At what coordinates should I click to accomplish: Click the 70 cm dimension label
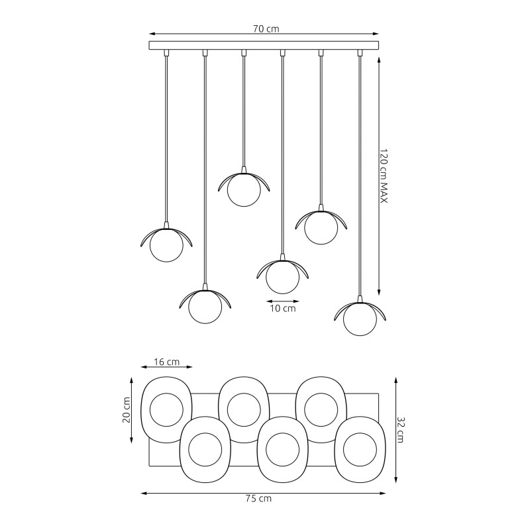pos(266,28)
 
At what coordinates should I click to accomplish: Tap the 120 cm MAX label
pos(384,176)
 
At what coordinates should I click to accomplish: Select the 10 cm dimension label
pos(283,308)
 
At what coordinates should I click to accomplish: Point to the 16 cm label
pos(167,362)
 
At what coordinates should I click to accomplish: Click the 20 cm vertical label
pos(127,409)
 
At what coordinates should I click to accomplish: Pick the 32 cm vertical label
pos(400,429)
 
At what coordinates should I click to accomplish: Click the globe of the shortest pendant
pos(244,189)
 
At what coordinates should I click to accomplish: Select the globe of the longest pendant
pos(360,319)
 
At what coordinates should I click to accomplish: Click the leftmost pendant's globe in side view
pos(167,245)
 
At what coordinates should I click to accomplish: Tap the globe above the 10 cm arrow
pos(283,277)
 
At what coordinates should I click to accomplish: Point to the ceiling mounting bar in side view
pos(264,46)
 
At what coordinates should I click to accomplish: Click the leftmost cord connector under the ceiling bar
pos(166,53)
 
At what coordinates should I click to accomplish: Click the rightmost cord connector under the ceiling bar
pos(360,53)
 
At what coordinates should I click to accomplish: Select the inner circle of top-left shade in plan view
pos(166,409)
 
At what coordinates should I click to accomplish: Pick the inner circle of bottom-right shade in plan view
pos(360,450)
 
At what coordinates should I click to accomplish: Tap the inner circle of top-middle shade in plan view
pos(244,409)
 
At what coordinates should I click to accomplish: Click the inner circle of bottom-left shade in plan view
pos(205,450)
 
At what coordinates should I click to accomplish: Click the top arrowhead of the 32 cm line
pos(396,380)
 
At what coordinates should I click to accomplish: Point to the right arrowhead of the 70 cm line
pos(376,34)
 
